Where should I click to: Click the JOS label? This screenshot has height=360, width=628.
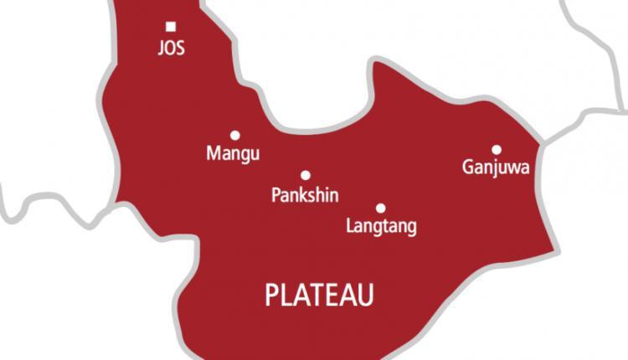(171, 48)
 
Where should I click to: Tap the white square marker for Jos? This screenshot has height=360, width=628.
(171, 27)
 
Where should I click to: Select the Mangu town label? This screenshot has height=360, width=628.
(233, 154)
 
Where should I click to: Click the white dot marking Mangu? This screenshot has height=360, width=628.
(234, 135)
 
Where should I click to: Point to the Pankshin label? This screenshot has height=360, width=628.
(305, 195)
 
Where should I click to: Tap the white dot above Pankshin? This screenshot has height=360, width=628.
(305, 175)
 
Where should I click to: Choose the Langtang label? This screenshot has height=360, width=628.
(381, 227)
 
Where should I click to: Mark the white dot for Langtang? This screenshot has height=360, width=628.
(380, 208)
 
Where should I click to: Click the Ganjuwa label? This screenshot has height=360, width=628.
(496, 168)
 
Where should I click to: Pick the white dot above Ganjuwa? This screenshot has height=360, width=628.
(496, 149)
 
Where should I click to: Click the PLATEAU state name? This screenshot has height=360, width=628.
(319, 295)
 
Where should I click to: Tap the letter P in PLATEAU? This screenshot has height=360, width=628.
(271, 295)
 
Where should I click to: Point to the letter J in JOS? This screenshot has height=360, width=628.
(161, 48)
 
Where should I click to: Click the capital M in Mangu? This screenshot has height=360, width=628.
(212, 153)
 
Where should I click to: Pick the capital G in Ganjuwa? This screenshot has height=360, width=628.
(468, 167)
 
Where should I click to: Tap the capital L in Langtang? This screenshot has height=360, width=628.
(349, 226)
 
